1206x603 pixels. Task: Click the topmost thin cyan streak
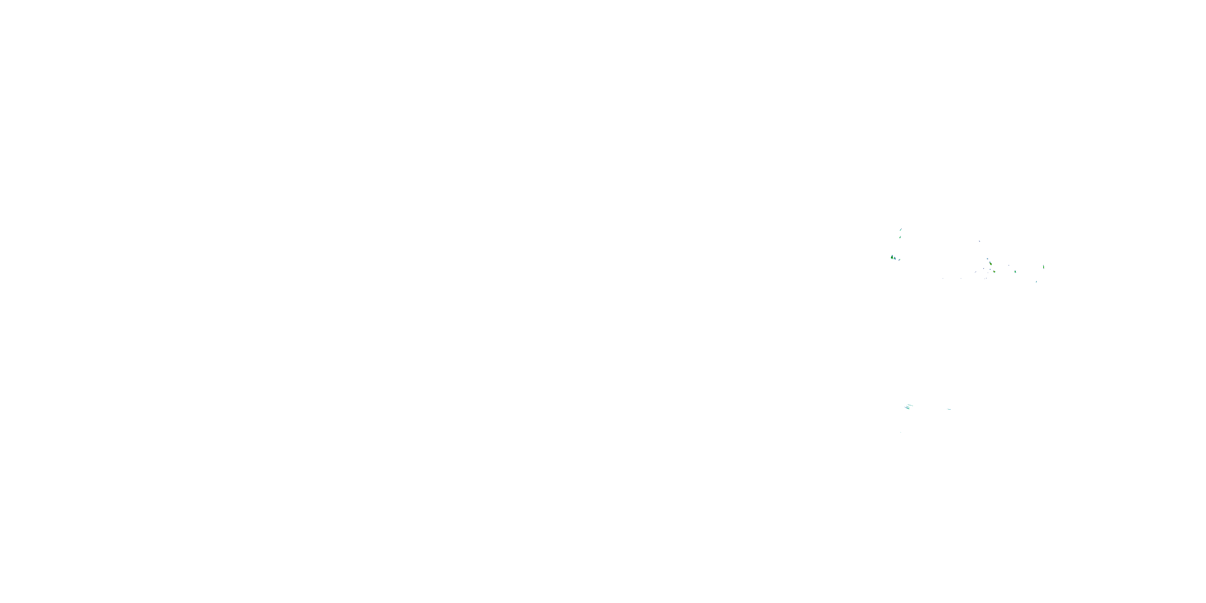[x=901, y=230]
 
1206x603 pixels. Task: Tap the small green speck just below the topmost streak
[x=900, y=237]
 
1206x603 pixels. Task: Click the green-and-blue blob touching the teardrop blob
[x=895, y=258]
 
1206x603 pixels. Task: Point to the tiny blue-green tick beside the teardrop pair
[x=899, y=260]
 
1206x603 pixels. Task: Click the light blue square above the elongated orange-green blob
[x=988, y=259]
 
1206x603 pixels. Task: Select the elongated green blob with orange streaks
[x=991, y=264]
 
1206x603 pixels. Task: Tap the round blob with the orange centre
[x=995, y=271]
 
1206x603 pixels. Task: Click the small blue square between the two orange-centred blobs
[x=990, y=269]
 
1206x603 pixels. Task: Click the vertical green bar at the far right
[x=1044, y=267]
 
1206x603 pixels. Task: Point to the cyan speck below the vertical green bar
[x=1036, y=282]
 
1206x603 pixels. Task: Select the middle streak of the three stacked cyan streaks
[x=908, y=407]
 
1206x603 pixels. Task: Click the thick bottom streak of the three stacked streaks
[x=907, y=408]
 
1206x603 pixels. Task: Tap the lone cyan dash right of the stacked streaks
[x=950, y=409]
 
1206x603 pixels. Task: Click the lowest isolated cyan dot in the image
[x=901, y=432]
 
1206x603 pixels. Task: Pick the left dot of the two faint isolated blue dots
[x=943, y=279]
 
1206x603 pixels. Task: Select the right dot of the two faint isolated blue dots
[x=961, y=279]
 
